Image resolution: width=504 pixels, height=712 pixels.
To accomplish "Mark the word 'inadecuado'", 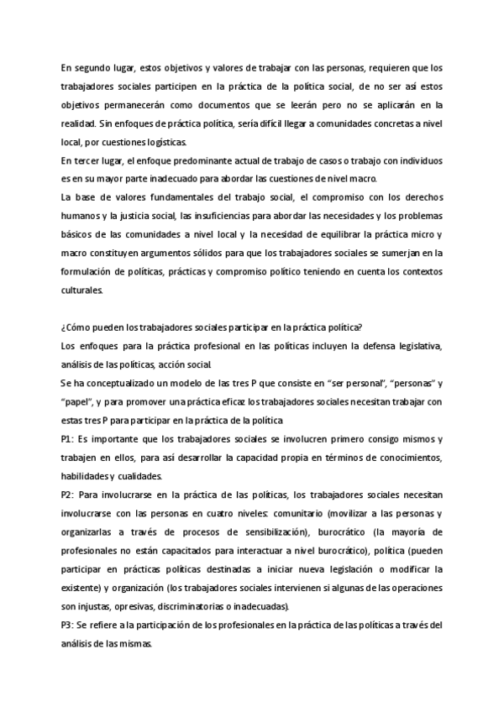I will click(x=192, y=178).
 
